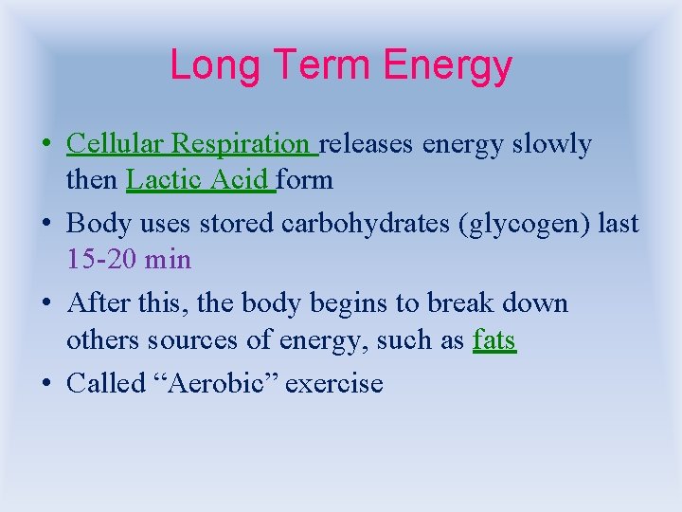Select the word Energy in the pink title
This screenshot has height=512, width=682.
[448, 65]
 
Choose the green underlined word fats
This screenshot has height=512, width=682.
[494, 339]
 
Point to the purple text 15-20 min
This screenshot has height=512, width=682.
[129, 259]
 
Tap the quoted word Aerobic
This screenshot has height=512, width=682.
[210, 384]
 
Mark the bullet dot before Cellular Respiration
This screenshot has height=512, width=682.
[46, 145]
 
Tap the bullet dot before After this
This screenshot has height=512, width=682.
[46, 304]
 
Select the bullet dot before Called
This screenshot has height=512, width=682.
[46, 385]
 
